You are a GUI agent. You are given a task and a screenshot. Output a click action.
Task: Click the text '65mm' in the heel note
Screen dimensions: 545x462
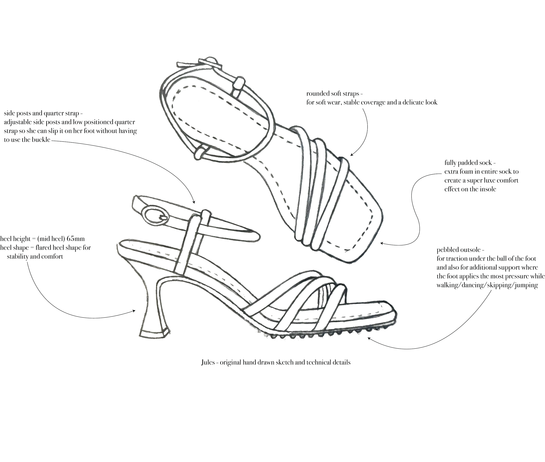pos(75,239)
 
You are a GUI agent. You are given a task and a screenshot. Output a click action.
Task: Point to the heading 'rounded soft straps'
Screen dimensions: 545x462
pos(332,94)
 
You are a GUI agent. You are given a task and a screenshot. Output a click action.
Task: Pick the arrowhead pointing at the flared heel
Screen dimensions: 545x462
pos(134,311)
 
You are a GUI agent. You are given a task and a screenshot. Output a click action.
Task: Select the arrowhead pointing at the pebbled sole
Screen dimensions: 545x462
pos(369,338)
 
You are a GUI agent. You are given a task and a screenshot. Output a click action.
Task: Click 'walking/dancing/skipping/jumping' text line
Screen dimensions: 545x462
pos(487,285)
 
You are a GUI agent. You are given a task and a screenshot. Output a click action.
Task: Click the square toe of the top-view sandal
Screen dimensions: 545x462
pos(366,236)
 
